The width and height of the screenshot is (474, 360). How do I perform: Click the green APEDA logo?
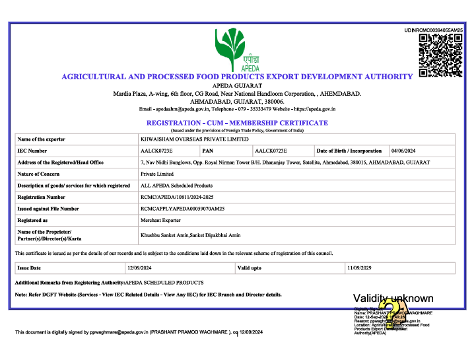[236, 49]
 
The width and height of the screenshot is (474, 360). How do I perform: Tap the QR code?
[440, 55]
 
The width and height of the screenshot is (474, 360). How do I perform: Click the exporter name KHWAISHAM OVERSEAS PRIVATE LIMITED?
[195, 139]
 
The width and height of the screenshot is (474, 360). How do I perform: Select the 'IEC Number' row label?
[32, 151]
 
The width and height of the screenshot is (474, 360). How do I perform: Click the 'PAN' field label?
[207, 151]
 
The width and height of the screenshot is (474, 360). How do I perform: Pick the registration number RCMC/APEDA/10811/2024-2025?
[177, 197]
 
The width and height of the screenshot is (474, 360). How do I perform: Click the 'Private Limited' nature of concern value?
[156, 174]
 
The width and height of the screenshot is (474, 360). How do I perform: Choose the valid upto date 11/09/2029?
[360, 268]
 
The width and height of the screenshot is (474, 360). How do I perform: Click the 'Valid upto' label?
[250, 268]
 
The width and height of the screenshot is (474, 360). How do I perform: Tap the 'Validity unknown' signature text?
[393, 299]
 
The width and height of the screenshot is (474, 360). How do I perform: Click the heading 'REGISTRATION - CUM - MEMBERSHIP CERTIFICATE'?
[237, 123]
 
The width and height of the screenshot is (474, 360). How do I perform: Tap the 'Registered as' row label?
[32, 220]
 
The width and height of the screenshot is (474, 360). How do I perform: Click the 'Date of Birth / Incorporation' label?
[349, 151]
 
